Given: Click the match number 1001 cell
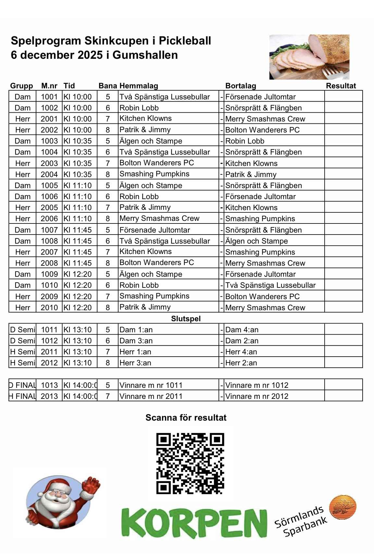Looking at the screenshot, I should pos(49,97).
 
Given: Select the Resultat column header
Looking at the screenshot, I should pos(341,86).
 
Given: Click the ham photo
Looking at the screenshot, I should pos(309,57).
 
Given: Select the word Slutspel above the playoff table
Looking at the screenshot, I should pos(186,319).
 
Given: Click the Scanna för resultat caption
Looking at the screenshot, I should pos(186,418).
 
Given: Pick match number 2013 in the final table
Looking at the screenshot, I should pos(49,396).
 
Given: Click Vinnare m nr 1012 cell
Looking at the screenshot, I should pos(256,385).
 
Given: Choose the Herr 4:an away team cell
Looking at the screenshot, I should pos(241,352).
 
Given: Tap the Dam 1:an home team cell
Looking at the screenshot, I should pos(136,330).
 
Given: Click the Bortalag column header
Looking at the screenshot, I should pos(241,86).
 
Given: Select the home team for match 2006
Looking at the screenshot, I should pos(159,218).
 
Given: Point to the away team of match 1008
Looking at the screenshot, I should pos(256,241).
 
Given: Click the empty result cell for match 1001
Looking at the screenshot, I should pos(343,96).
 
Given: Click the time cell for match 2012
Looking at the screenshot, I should pos(78,363).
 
